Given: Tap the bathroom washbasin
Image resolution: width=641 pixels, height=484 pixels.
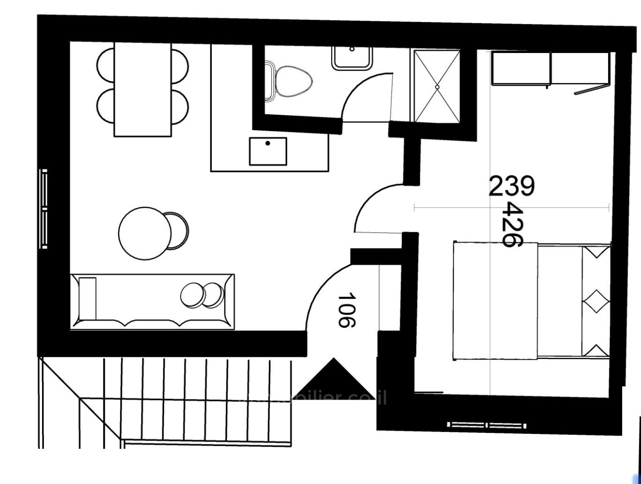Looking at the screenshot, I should [352, 57].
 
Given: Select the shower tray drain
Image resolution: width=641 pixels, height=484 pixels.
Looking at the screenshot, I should [437, 87].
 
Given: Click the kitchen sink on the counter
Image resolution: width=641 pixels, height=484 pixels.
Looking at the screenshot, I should [268, 151].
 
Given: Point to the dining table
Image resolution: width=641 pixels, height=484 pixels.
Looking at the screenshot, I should [142, 89].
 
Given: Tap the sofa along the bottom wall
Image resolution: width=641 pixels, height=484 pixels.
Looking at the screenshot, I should [152, 302].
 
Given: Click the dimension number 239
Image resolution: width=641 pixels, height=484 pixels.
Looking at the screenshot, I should [512, 187].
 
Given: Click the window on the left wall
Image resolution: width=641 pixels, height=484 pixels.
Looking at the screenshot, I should [44, 209].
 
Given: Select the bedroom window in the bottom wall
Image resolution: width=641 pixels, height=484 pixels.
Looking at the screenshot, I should [487, 425].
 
